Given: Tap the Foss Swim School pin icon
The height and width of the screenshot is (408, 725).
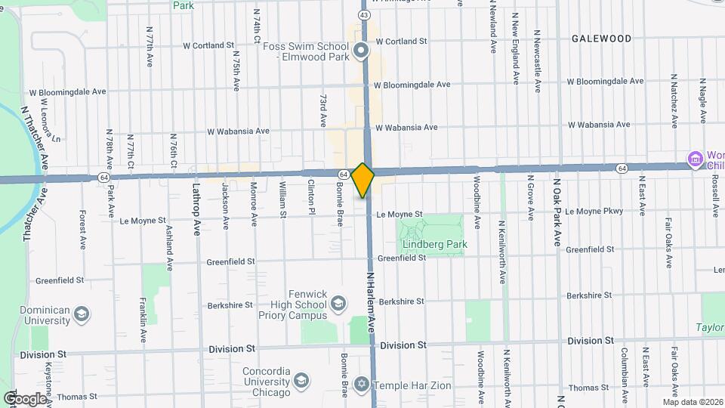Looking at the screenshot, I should (x=361, y=51).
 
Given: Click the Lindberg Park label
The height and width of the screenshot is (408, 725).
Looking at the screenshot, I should (x=434, y=244).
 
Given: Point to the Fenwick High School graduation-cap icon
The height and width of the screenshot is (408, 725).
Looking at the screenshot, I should (x=338, y=304).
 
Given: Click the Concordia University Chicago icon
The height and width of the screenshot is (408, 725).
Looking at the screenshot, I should (x=301, y=380).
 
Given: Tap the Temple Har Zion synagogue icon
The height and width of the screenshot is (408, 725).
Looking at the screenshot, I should (x=361, y=385).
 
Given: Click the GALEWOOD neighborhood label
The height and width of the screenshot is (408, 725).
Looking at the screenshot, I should (x=601, y=39).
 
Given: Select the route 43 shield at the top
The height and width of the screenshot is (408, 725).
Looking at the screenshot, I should (x=364, y=15).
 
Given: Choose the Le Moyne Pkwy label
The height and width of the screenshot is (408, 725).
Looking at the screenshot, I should (x=594, y=211).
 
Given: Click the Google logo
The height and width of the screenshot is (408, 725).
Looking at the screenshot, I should (x=24, y=398).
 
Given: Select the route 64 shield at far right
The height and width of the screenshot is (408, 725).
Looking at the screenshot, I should (x=621, y=168).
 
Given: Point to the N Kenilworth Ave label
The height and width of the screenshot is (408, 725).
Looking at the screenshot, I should (x=501, y=252).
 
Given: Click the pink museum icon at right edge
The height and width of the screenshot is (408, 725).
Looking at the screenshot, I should (x=693, y=159).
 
